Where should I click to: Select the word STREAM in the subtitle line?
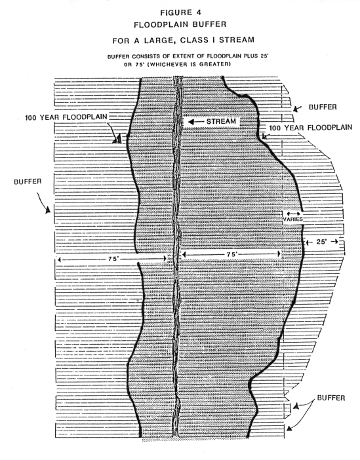tap(236, 39)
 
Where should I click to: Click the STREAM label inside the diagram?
tap(221, 121)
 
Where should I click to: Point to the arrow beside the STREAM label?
tap(195, 121)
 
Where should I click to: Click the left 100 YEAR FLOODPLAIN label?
tap(66, 117)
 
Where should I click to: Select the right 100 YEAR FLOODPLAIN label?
tap(310, 128)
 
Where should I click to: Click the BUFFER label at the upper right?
tap(323, 107)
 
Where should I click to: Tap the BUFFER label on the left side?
tap(28, 182)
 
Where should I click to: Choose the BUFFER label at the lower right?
tap(331, 398)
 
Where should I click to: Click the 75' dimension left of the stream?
tap(113, 259)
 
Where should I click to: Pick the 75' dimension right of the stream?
tap(231, 254)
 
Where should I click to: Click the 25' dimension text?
tap(321, 242)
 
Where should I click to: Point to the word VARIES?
tap(292, 219)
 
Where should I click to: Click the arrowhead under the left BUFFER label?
tap(48, 210)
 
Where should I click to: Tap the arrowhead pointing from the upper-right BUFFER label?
tap(295, 109)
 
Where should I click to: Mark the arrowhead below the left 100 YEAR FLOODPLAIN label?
tap(117, 139)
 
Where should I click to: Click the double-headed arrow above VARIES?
tap(293, 214)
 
